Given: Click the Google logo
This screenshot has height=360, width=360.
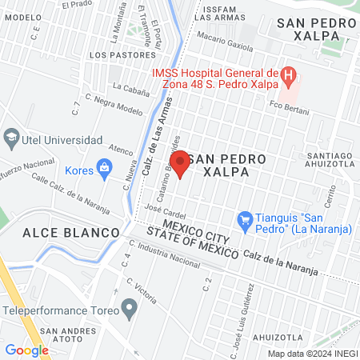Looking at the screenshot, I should point(26,350).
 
